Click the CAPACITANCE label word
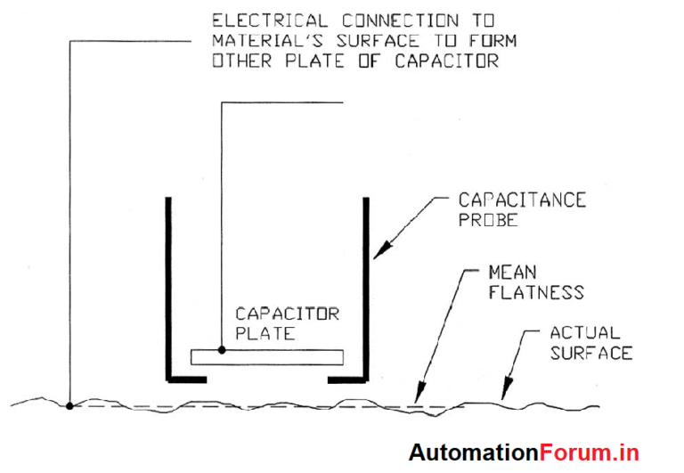pyautogui.click(x=522, y=200)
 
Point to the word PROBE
pyautogui.click(x=487, y=220)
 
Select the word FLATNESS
pyautogui.click(x=535, y=291)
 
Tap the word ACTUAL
pyautogui.click(x=584, y=333)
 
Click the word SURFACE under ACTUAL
pyautogui.click(x=590, y=353)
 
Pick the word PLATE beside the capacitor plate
pyautogui.click(x=265, y=334)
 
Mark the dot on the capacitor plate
pyautogui.click(x=221, y=350)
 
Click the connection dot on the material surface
pyautogui.click(x=69, y=406)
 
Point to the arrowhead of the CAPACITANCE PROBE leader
pyautogui.click(x=376, y=257)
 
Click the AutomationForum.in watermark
pyautogui.click(x=524, y=453)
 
